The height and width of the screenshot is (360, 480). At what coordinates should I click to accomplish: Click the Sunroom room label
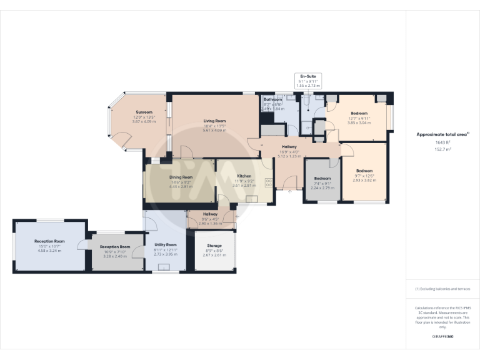[x=144, y=112]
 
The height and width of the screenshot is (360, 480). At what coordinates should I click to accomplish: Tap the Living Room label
[x=214, y=121]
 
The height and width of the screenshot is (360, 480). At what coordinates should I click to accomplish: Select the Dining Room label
[x=181, y=177]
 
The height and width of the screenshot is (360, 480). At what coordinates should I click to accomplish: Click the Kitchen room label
[x=244, y=176]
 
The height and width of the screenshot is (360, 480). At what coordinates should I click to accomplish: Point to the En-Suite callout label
[x=308, y=76]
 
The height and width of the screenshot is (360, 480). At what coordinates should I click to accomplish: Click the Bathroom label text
[x=272, y=99]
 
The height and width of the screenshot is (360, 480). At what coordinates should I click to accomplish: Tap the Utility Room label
[x=165, y=245]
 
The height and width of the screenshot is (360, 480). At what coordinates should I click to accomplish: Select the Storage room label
[x=214, y=246]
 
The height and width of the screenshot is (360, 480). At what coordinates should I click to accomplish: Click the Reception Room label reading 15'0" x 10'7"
[x=50, y=241]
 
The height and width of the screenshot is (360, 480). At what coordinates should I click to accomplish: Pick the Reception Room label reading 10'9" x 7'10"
[x=115, y=247]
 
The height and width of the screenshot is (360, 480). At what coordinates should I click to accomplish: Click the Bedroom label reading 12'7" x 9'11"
[x=359, y=114]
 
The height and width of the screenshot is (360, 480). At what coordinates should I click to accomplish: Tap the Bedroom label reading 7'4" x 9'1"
[x=322, y=178]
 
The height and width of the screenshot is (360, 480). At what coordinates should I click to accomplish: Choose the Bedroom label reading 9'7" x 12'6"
[x=364, y=171]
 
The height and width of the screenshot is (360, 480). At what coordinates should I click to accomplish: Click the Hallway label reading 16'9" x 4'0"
[x=289, y=146]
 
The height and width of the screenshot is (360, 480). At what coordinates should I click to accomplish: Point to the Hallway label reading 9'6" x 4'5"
[x=210, y=214]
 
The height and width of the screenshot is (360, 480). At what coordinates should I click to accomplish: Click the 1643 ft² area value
[x=442, y=142]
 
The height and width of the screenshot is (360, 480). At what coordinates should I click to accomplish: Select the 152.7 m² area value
[x=442, y=150]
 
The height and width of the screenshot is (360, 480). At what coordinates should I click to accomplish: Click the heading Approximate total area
[x=441, y=134]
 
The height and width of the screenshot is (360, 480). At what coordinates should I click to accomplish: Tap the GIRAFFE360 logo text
[x=442, y=337]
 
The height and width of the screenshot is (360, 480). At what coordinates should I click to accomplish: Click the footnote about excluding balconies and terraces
[x=442, y=289]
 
